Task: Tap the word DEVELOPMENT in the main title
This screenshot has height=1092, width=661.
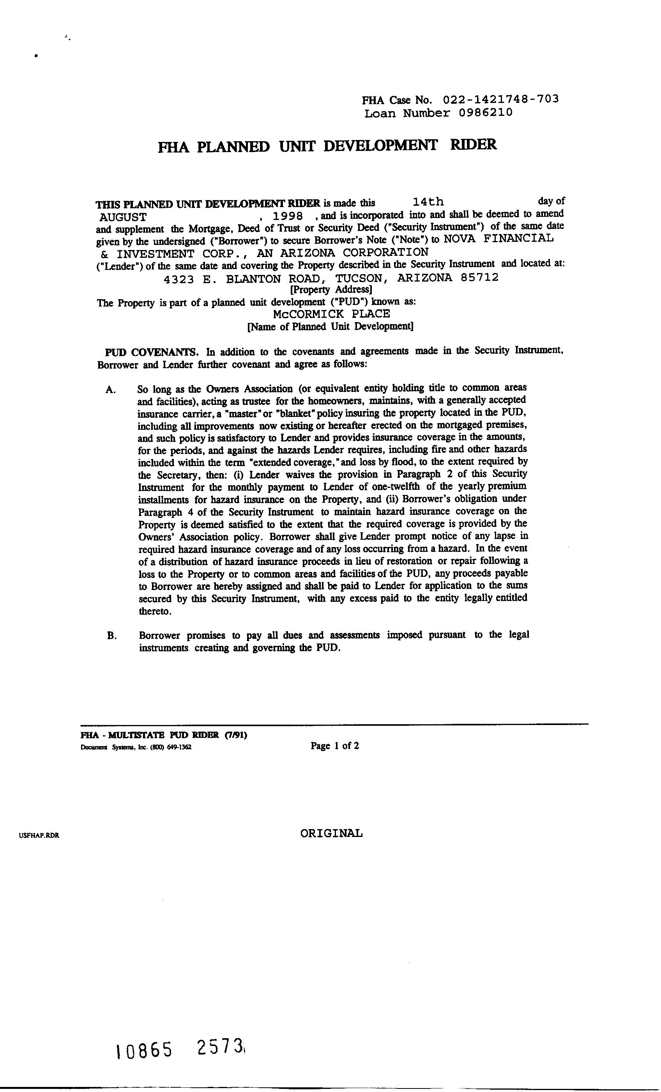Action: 380,145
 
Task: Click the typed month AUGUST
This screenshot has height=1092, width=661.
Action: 123,217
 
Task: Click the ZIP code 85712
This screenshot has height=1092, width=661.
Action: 479,277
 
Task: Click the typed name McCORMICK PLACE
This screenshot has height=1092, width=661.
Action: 331,314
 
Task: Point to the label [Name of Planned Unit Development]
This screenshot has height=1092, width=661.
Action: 330,327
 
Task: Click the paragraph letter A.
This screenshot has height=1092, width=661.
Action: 111,390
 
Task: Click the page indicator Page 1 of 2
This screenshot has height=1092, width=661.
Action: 334,746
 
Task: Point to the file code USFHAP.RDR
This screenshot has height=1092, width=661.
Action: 39,836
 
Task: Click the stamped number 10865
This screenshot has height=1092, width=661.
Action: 143,1050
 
